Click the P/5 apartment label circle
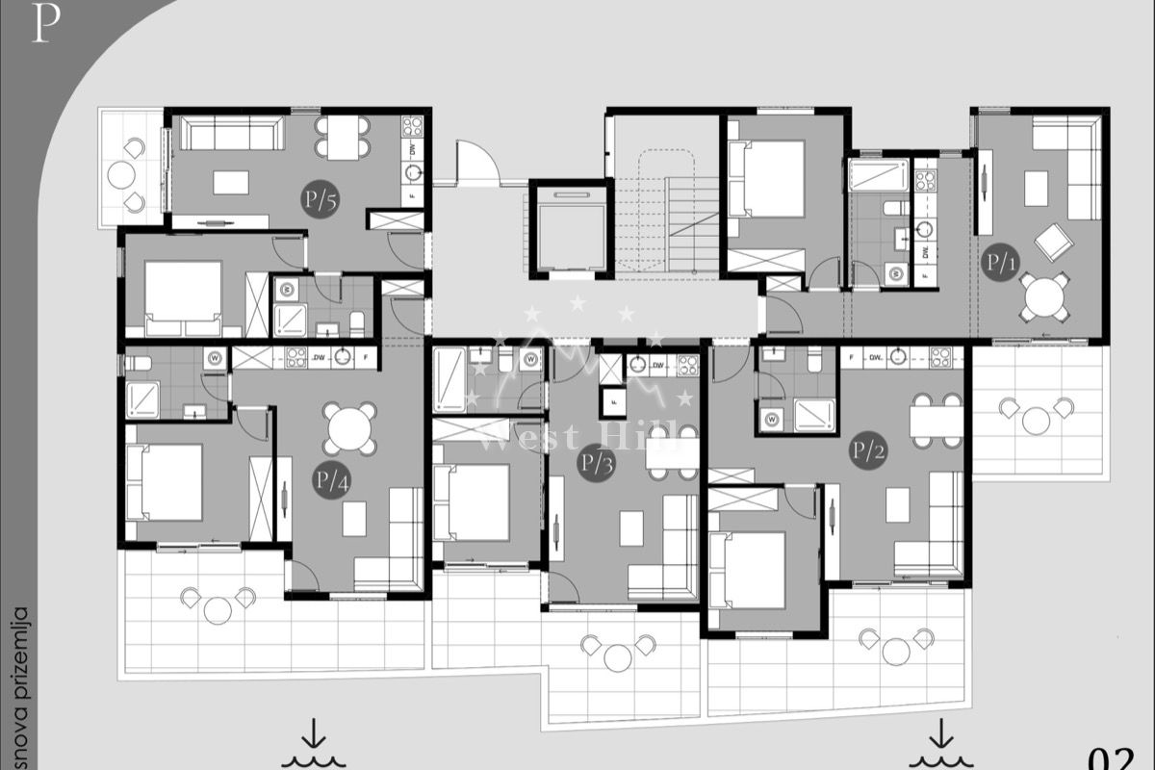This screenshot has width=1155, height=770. [x=319, y=200]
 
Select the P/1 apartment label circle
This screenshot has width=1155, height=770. [x=1001, y=260]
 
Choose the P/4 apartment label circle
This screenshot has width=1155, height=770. [x=329, y=478]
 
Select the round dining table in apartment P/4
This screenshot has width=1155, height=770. [x=350, y=428]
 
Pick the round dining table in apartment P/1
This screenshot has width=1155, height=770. [x=1045, y=297]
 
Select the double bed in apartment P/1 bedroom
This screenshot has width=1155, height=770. [x=769, y=179]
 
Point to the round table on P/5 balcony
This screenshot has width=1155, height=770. [x=122, y=175]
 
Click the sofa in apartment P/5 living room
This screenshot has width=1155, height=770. [x=232, y=133]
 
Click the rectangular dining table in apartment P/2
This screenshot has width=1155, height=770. [x=937, y=421]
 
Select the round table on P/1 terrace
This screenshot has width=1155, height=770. [x=1037, y=420]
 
